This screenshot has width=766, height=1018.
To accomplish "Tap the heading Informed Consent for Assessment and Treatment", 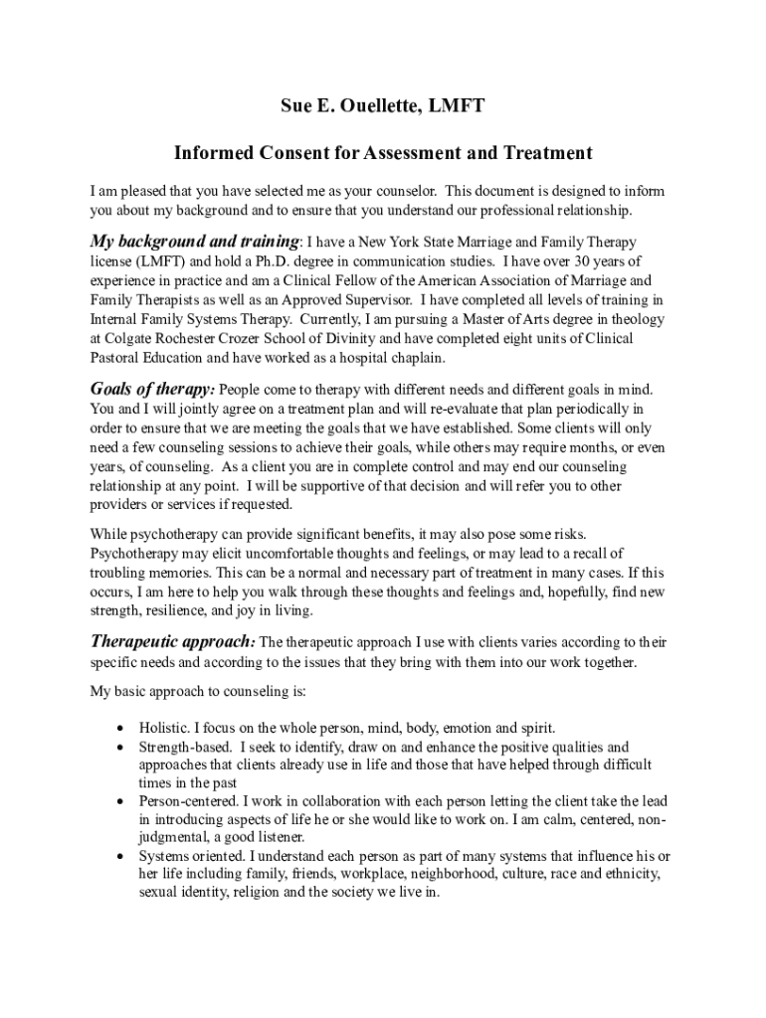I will tap(383, 153).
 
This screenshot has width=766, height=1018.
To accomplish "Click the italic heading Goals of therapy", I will tap(152, 389).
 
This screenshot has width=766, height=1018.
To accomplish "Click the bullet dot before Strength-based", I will tap(121, 747).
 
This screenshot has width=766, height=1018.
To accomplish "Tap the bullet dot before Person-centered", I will tap(121, 801).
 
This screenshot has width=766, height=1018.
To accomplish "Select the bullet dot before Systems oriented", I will tap(121, 856).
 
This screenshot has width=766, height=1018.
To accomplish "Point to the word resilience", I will tap(177, 610).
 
